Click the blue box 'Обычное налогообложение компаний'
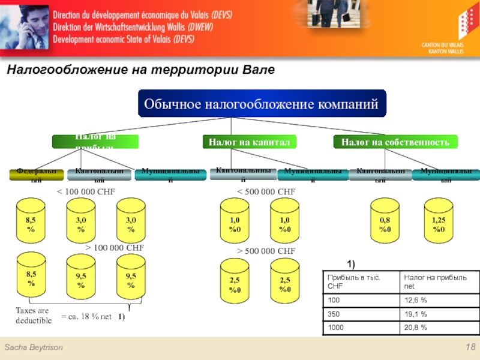(x=262, y=104)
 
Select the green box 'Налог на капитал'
(x=249, y=142)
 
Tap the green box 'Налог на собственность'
(x=395, y=142)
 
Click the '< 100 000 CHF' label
(x=85, y=191)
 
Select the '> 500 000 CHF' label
(x=265, y=251)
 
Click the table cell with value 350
(x=361, y=314)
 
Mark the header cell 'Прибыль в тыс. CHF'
(x=361, y=281)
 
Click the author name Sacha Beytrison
(x=34, y=349)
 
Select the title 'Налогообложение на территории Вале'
(x=140, y=70)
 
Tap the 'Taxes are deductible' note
(x=34, y=316)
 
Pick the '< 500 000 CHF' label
(x=265, y=191)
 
